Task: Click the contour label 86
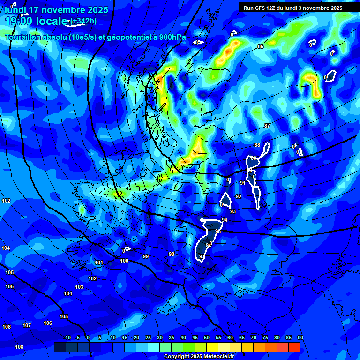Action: point(261,46)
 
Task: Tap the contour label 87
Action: point(267,126)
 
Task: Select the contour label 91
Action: point(243,183)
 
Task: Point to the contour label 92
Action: point(239,196)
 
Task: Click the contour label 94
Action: point(225,220)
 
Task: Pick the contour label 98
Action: point(172,254)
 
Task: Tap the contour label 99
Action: point(146,256)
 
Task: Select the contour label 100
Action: point(124,261)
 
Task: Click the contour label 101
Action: point(99,263)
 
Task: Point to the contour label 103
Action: point(79,287)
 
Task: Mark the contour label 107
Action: point(27,325)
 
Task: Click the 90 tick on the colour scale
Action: point(300,337)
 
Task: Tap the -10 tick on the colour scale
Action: point(67,337)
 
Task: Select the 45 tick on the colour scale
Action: point(195,337)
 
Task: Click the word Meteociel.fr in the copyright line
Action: point(219,357)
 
